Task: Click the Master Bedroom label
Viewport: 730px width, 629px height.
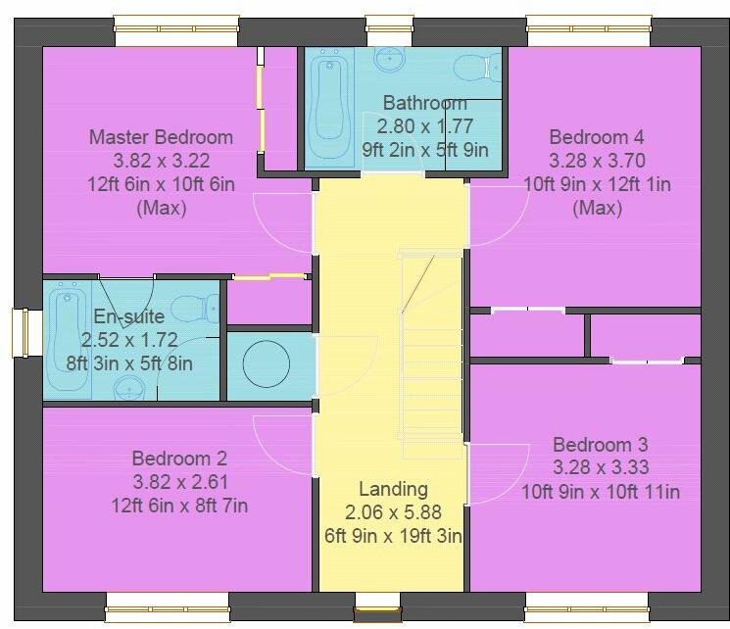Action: click(161, 137)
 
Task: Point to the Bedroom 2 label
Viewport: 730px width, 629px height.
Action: click(179, 458)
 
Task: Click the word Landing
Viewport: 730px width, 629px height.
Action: click(392, 489)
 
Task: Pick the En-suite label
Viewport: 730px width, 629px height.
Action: click(129, 316)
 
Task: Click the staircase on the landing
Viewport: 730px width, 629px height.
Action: click(430, 353)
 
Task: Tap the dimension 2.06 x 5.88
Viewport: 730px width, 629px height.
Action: click(392, 512)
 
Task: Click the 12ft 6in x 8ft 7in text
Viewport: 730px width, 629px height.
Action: click(179, 506)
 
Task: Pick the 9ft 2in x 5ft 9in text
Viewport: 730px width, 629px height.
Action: click(424, 150)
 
